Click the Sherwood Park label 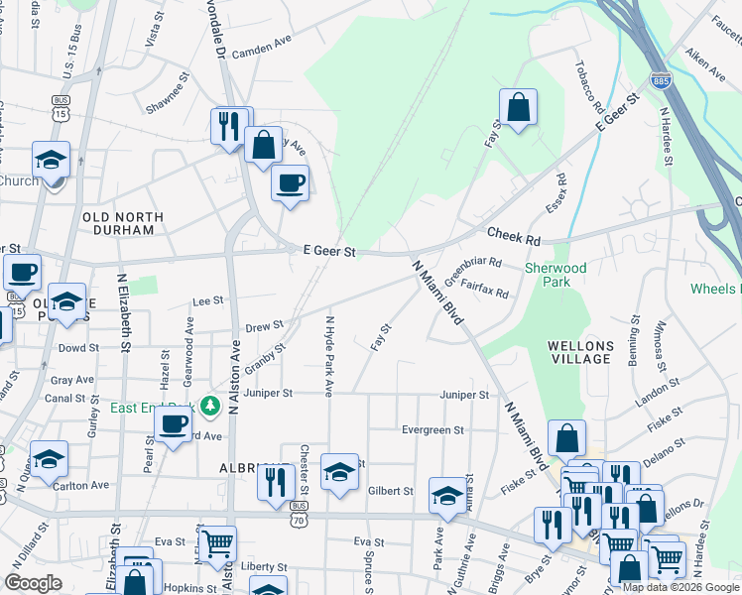pyautogui.click(x=556, y=275)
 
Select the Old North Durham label pyautogui.click(x=119, y=223)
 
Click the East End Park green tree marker pyautogui.click(x=209, y=406)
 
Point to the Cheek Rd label pyautogui.click(x=513, y=236)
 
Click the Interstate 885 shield pyautogui.click(x=658, y=78)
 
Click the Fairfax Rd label pyautogui.click(x=486, y=292)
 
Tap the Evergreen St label pyautogui.click(x=433, y=430)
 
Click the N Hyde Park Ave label pyautogui.click(x=328, y=356)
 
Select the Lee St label pyautogui.click(x=207, y=300)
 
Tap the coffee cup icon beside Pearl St pyautogui.click(x=173, y=426)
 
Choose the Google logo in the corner pyautogui.click(x=33, y=584)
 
